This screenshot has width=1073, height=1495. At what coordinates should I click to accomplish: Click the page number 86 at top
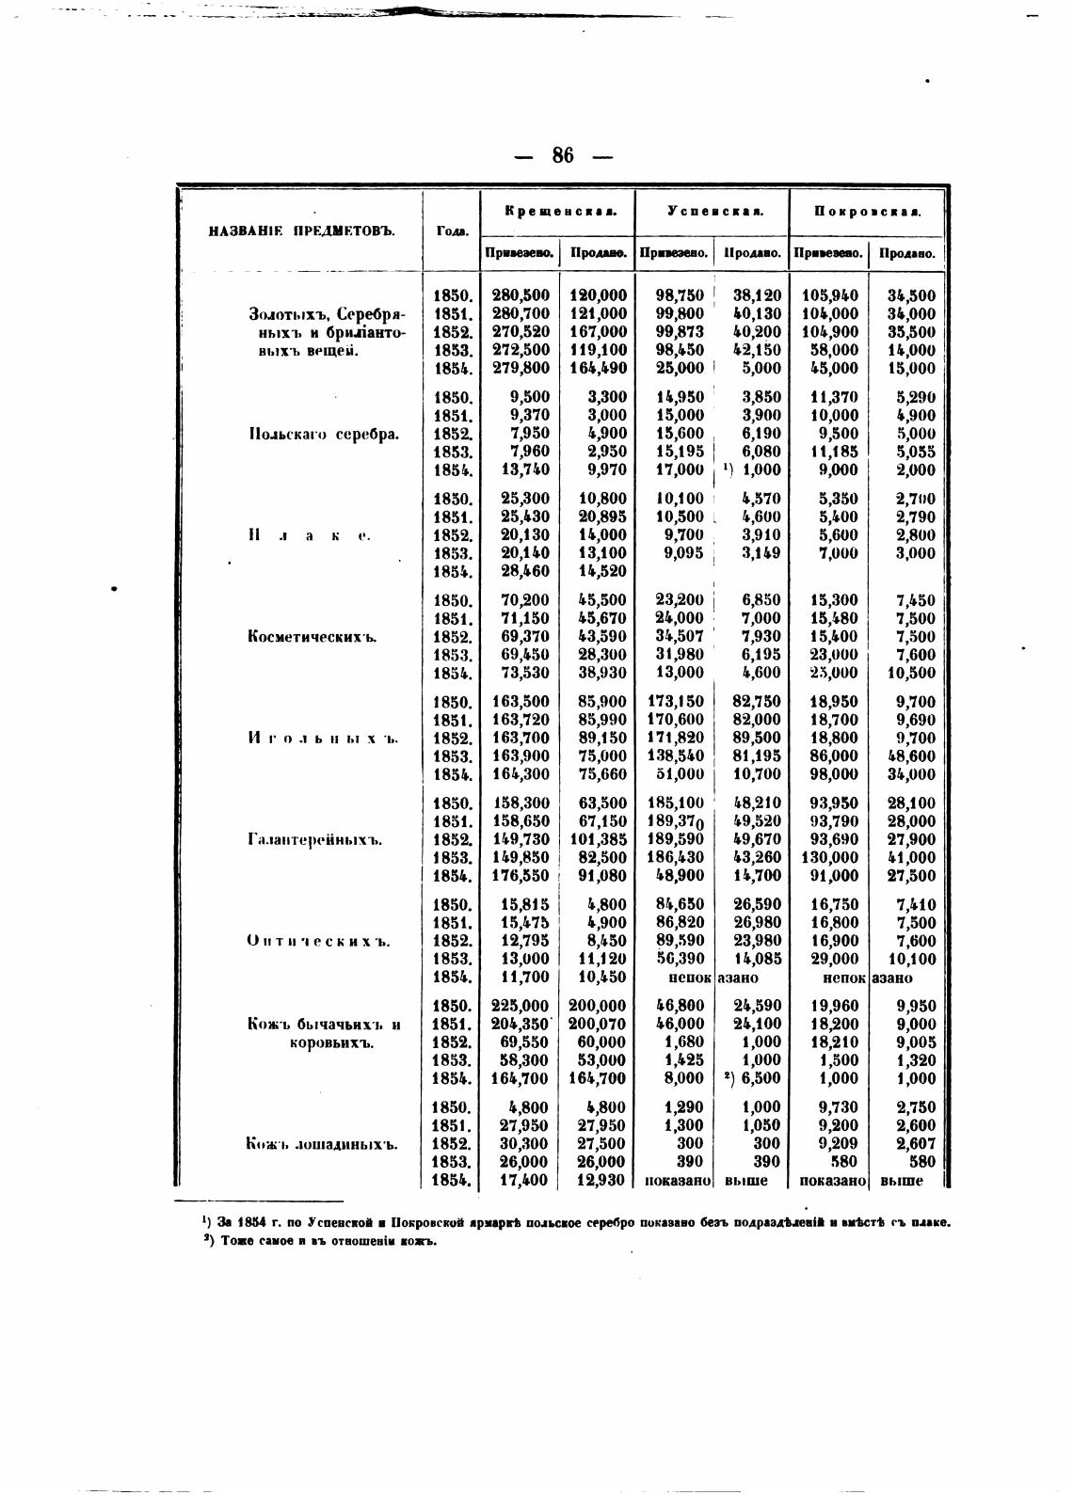(563, 155)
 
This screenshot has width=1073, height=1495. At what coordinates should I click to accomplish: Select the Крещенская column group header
(559, 211)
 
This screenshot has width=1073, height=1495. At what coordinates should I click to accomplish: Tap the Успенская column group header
(713, 211)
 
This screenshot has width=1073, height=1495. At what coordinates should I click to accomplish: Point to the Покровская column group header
(867, 211)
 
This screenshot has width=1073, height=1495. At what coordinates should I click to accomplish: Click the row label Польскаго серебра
(324, 434)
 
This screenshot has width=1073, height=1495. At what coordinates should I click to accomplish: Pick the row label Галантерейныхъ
(314, 839)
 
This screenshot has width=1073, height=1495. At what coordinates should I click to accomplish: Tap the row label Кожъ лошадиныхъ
(322, 1144)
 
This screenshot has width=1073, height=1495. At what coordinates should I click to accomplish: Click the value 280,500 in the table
(520, 295)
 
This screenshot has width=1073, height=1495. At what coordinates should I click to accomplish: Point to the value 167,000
(598, 332)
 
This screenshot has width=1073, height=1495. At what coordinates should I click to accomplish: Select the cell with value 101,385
(598, 839)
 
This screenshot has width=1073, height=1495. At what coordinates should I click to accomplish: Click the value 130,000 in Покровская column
(829, 857)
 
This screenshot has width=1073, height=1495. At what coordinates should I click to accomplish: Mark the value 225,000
(520, 1006)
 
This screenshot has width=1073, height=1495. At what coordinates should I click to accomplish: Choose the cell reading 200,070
(598, 1024)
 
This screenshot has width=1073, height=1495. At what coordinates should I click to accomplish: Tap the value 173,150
(676, 702)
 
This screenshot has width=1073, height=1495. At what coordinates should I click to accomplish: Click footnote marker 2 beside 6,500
(728, 1078)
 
